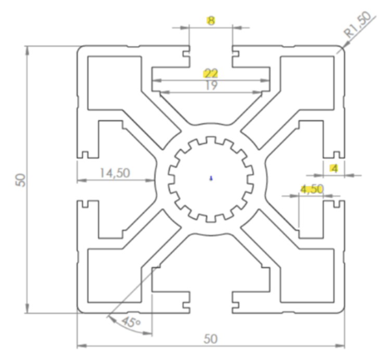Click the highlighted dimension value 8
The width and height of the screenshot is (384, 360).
[x=211, y=21]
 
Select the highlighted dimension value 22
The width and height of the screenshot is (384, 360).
[x=211, y=73]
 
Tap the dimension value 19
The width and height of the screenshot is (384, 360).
[x=211, y=85]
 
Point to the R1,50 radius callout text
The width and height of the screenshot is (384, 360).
[x=357, y=24]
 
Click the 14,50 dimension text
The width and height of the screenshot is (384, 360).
[x=115, y=173]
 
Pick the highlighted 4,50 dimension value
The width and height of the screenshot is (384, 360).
[x=312, y=189]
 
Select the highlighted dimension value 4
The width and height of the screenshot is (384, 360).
[x=335, y=169]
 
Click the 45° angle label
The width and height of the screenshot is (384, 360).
[x=131, y=323]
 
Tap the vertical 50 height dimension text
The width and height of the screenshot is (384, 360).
[x=21, y=180]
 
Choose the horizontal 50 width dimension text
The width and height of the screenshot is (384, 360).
[x=211, y=339]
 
